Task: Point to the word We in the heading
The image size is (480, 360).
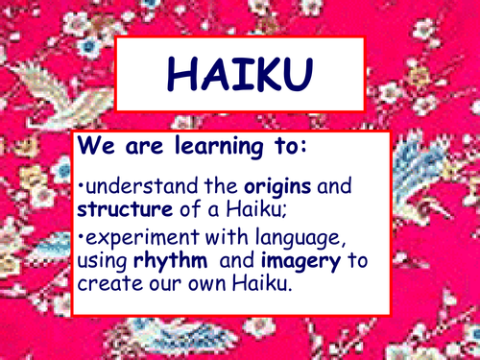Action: pos(96,149)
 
